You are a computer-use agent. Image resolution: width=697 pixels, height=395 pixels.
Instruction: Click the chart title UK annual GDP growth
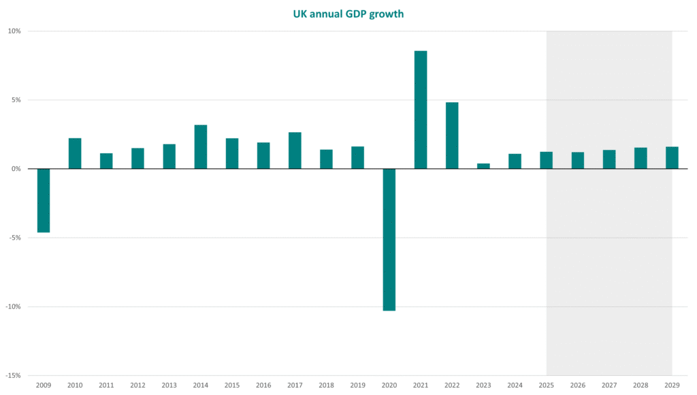tap(348, 14)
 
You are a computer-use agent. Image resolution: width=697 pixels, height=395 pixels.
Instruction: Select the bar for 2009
tap(44, 200)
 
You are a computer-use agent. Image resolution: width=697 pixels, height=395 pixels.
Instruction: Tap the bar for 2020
tap(389, 239)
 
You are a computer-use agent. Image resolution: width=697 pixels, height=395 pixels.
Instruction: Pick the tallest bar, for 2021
tap(421, 110)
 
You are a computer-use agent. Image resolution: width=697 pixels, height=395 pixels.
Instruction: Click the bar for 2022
tap(452, 136)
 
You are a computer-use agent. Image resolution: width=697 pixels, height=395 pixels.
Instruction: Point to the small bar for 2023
tap(483, 166)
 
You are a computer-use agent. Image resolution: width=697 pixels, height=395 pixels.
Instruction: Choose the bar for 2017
tap(295, 151)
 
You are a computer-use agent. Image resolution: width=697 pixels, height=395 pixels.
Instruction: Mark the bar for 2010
tap(75, 153)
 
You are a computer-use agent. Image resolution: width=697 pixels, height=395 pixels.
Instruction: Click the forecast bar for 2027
tap(609, 159)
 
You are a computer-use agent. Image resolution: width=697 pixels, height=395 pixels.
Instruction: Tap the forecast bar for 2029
tap(672, 158)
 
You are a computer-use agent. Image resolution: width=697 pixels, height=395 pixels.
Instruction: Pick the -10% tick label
tap(14, 306)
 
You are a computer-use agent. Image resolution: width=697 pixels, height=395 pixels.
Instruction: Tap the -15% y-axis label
tap(14, 375)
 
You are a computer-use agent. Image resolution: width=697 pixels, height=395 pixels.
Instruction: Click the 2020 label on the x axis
tap(389, 385)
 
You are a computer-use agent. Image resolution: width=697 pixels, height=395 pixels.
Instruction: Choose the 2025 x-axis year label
tap(546, 385)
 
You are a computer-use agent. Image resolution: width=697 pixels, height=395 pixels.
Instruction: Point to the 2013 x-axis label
tap(169, 385)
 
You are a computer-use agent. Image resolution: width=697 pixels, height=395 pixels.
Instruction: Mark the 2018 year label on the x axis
tap(326, 385)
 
